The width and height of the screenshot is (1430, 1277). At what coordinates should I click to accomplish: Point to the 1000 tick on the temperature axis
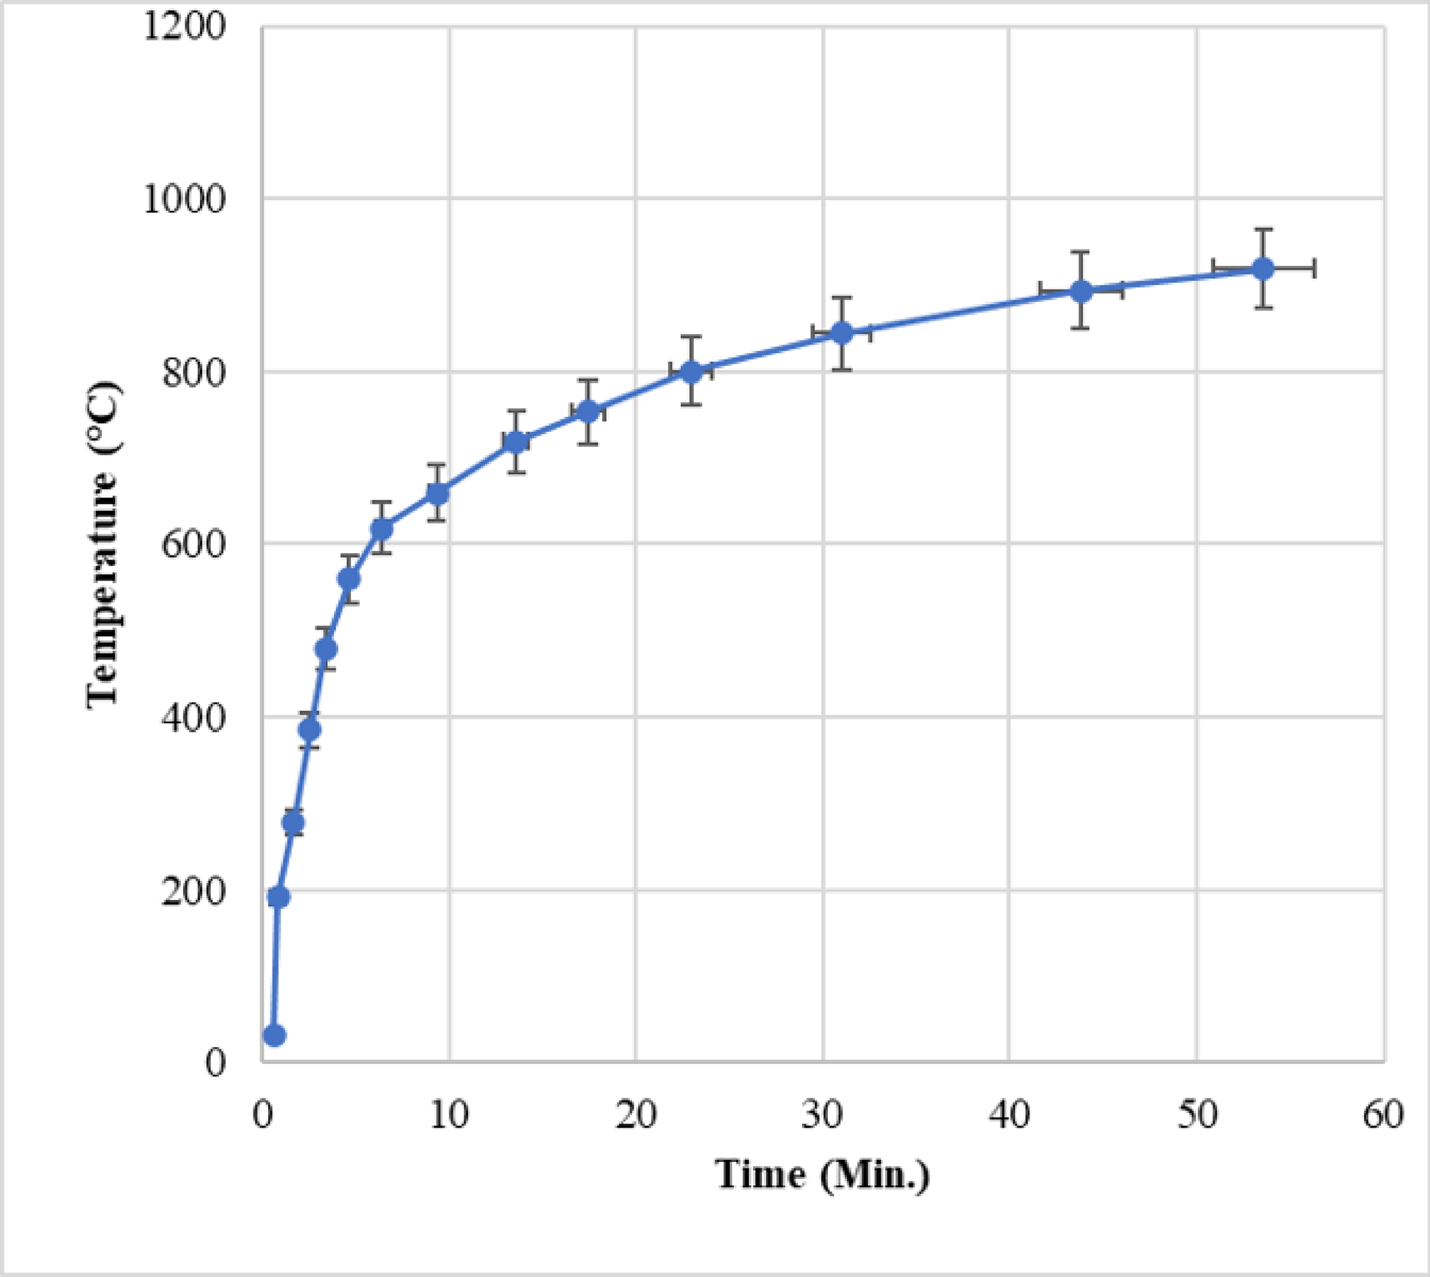pyautogui.click(x=185, y=199)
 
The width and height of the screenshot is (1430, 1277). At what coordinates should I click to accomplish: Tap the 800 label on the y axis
pyautogui.click(x=194, y=373)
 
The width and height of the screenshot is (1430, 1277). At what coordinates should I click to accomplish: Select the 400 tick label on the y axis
pyautogui.click(x=194, y=718)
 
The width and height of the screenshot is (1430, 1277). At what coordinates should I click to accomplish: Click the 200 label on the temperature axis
pyautogui.click(x=194, y=891)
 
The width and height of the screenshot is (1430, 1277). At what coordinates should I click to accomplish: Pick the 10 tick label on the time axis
pyautogui.click(x=448, y=1115)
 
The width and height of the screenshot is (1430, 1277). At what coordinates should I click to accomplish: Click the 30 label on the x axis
pyautogui.click(x=822, y=1115)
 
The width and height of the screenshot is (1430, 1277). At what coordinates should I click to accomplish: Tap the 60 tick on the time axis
pyautogui.click(x=1383, y=1115)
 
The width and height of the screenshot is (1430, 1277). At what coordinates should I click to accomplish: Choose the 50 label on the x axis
pyautogui.click(x=1196, y=1115)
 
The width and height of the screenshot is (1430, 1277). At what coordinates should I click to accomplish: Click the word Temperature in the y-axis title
pyautogui.click(x=103, y=590)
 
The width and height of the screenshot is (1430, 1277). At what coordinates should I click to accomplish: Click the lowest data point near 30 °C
pyautogui.click(x=274, y=1036)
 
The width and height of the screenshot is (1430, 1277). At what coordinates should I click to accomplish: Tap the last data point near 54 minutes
pyautogui.click(x=1263, y=269)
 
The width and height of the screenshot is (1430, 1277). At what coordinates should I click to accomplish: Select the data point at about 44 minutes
pyautogui.click(x=1081, y=291)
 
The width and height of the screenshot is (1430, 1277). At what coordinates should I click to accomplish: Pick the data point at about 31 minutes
pyautogui.click(x=842, y=333)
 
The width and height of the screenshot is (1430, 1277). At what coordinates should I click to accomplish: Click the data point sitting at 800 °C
pyautogui.click(x=691, y=372)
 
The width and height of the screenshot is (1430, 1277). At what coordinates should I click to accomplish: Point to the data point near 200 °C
pyautogui.click(x=279, y=897)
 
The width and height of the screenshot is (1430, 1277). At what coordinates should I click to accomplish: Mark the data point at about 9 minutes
pyautogui.click(x=437, y=493)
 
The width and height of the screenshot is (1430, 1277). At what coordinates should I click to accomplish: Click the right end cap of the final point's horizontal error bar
pyautogui.click(x=1314, y=268)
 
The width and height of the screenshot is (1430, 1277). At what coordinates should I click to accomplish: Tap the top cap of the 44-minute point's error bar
pyautogui.click(x=1080, y=252)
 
